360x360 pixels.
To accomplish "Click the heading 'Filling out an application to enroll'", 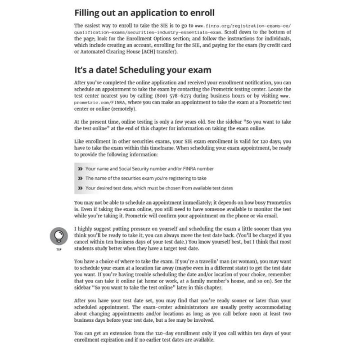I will pyautogui.click(x=144, y=12).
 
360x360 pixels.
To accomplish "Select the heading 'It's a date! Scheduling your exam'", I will pyautogui.click(x=142, y=70).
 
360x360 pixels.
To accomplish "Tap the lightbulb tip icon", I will pyautogui.click(x=58, y=235).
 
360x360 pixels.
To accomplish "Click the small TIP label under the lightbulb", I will pyautogui.click(x=58, y=248).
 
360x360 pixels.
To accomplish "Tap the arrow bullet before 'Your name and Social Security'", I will pyautogui.click(x=80, y=169).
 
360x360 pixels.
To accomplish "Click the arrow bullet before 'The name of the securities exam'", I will pyautogui.click(x=80, y=178).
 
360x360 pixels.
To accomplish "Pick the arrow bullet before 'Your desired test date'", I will pyautogui.click(x=80, y=188).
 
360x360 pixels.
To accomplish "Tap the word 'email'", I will pyautogui.click(x=283, y=215).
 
